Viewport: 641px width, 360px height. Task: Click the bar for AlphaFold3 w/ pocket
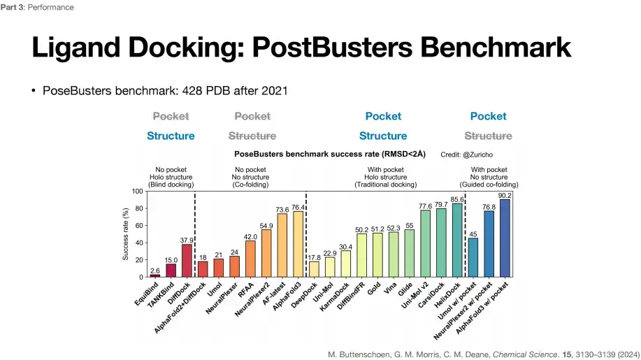[505, 238]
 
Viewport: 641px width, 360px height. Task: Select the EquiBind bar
[155, 276]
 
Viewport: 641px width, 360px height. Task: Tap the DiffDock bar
[187, 261]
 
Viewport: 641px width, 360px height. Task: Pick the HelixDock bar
[457, 240]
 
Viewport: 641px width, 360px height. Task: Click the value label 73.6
[282, 210]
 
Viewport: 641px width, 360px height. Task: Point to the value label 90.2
[505, 196]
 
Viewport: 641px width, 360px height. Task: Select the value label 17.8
[314, 258]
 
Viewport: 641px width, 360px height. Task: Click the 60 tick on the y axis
[139, 226]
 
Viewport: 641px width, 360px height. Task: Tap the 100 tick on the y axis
[137, 192]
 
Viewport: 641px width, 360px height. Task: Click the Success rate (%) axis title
[126, 234]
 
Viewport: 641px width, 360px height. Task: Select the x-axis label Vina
[390, 289]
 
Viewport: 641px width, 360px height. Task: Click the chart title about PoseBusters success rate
[330, 154]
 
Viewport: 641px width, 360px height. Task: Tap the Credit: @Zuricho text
[466, 154]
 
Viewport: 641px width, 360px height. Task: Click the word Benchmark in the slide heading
[496, 48]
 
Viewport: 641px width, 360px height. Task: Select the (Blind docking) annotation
[171, 185]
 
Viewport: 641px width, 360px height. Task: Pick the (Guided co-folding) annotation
[489, 185]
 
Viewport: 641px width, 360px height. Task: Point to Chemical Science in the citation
[525, 354]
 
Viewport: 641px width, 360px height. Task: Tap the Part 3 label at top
[13, 8]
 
